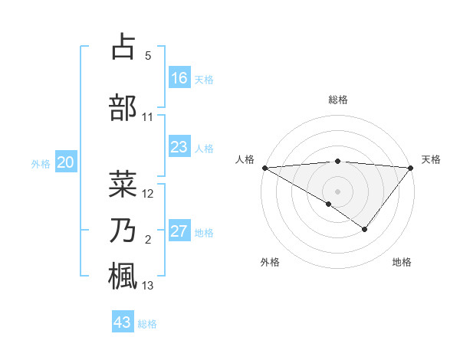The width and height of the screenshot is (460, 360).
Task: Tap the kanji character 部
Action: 123,108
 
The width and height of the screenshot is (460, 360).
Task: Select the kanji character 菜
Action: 123,185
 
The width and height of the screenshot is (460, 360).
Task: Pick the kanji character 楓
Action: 123,276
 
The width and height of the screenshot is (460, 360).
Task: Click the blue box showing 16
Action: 179,78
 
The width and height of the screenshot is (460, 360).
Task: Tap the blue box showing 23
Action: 179,147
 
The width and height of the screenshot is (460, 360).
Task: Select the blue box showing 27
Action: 179,231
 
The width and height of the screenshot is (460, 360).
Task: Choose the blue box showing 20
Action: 66,162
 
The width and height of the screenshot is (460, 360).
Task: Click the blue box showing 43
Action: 123,322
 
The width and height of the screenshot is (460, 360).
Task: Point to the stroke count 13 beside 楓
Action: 148,286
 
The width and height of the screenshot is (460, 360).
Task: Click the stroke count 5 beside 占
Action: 148,56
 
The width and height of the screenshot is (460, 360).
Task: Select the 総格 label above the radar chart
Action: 338,100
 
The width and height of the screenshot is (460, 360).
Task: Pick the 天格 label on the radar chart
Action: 432,159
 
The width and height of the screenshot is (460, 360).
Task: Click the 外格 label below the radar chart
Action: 270,262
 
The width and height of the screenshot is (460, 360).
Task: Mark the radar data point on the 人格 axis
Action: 264,168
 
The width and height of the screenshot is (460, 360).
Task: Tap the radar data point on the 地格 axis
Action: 365,229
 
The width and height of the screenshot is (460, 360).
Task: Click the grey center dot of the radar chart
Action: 338,191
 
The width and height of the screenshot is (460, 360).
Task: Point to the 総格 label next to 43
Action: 148,323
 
